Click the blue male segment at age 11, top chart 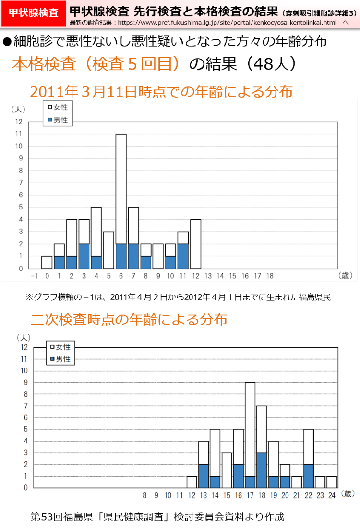coord(183,256)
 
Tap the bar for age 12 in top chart coord(195,244)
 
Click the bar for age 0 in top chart coord(47,262)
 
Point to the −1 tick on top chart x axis coord(34,276)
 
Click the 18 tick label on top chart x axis coord(270,276)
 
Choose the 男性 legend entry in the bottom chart coord(60,359)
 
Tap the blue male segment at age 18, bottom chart coord(262,470)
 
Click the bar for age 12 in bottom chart coord(192,482)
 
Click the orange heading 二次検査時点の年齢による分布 coord(129,319)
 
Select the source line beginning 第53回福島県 coord(157,516)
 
